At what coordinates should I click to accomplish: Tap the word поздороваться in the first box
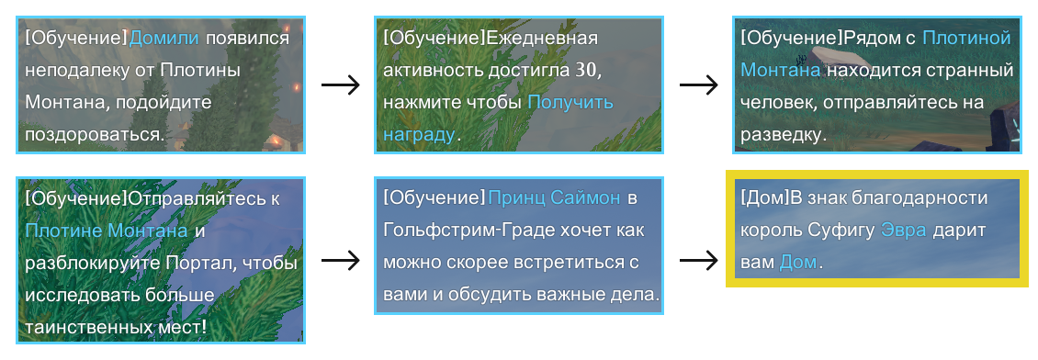pos(93,134)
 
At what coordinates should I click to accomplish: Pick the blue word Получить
pos(570,102)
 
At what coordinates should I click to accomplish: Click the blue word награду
pos(419,134)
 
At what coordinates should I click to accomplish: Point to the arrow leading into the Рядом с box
pos(697,84)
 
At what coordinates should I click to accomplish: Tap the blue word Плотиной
pos(965,39)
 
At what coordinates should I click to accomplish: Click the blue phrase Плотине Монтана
pos(107,231)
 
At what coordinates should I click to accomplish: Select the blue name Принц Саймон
pos(555,198)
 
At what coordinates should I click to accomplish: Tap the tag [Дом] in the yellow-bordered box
pos(760,198)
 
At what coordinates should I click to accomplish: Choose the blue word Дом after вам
pos(796,263)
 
